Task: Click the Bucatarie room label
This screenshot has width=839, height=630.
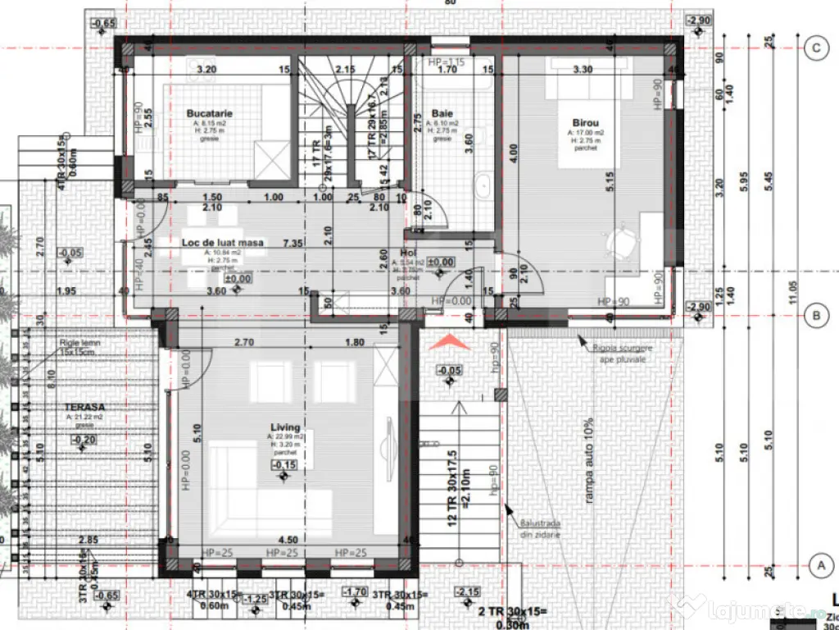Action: tap(210, 112)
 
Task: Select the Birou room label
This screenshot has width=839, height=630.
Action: tap(586, 121)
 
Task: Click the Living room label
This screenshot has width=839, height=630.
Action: tap(285, 428)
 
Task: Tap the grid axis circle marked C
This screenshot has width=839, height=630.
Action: tap(815, 48)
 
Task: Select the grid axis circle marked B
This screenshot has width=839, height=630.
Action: tap(815, 313)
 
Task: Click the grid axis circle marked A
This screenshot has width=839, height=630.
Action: tap(815, 565)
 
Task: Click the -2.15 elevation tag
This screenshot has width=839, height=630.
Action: tap(468, 593)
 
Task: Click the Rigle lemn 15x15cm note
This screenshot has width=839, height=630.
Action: tap(78, 347)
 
